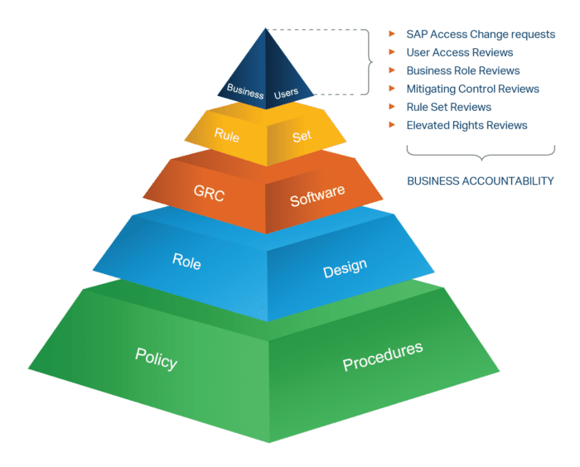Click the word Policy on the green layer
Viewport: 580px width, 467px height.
157,358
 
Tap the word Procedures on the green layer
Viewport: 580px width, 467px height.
383,356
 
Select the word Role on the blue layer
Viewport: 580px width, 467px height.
186,261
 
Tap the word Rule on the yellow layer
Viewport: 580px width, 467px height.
227,133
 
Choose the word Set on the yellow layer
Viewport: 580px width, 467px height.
302,135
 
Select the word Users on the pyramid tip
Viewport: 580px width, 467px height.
288,91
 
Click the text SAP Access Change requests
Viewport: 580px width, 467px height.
481,35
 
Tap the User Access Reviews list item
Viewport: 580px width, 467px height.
460,53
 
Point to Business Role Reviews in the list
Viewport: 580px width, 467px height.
463,71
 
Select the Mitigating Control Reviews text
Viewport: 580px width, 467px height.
472,89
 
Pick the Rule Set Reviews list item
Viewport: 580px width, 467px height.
448,107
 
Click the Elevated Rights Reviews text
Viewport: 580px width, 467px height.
466,125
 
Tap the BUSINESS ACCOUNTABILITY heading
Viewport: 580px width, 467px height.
480,181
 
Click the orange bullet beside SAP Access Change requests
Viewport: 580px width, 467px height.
391,35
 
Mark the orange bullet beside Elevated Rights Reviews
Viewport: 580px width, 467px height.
391,125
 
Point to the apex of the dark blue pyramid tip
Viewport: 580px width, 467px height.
266,29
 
